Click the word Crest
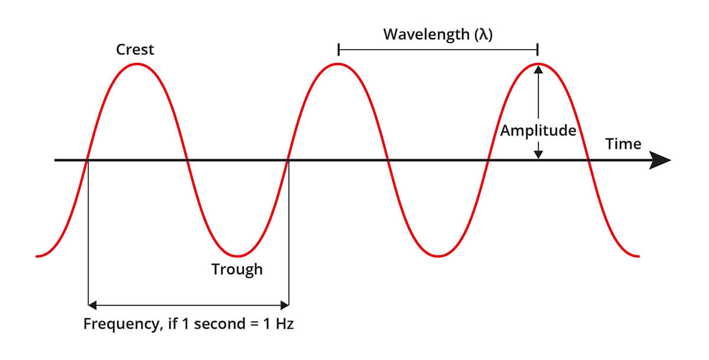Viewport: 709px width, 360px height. (x=135, y=50)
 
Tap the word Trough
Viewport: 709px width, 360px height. (x=237, y=270)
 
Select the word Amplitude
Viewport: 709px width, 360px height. (x=538, y=131)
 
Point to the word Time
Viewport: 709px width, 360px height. (x=623, y=144)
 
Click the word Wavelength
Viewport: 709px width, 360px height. (x=427, y=35)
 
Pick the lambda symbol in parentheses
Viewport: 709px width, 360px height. (x=484, y=34)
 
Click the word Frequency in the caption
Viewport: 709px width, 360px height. (x=121, y=324)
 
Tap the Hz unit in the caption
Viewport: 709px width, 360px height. (x=285, y=323)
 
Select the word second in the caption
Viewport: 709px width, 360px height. (x=220, y=323)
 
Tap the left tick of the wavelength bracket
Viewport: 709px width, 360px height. (x=339, y=50)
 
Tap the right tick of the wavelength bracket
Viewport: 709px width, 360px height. (x=538, y=50)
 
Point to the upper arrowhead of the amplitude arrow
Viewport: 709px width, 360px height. (x=538, y=69)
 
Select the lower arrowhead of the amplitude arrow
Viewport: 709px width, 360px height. (x=538, y=154)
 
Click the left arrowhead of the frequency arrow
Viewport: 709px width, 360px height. (x=92, y=305)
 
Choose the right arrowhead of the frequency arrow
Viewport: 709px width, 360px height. (x=285, y=305)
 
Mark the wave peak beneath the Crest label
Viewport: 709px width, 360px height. (x=137, y=64)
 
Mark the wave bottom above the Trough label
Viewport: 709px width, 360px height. (x=238, y=256)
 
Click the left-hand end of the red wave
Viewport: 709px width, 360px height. (x=37, y=256)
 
